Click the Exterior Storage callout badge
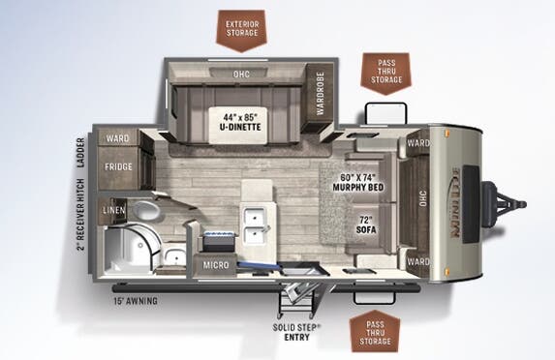241,27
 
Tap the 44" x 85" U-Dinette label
241,119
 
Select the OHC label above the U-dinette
241,74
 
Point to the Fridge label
119,166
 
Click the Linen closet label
114,209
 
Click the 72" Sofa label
363,224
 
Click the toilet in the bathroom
146,210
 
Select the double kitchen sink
257,225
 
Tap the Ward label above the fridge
119,138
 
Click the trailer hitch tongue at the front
508,203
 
